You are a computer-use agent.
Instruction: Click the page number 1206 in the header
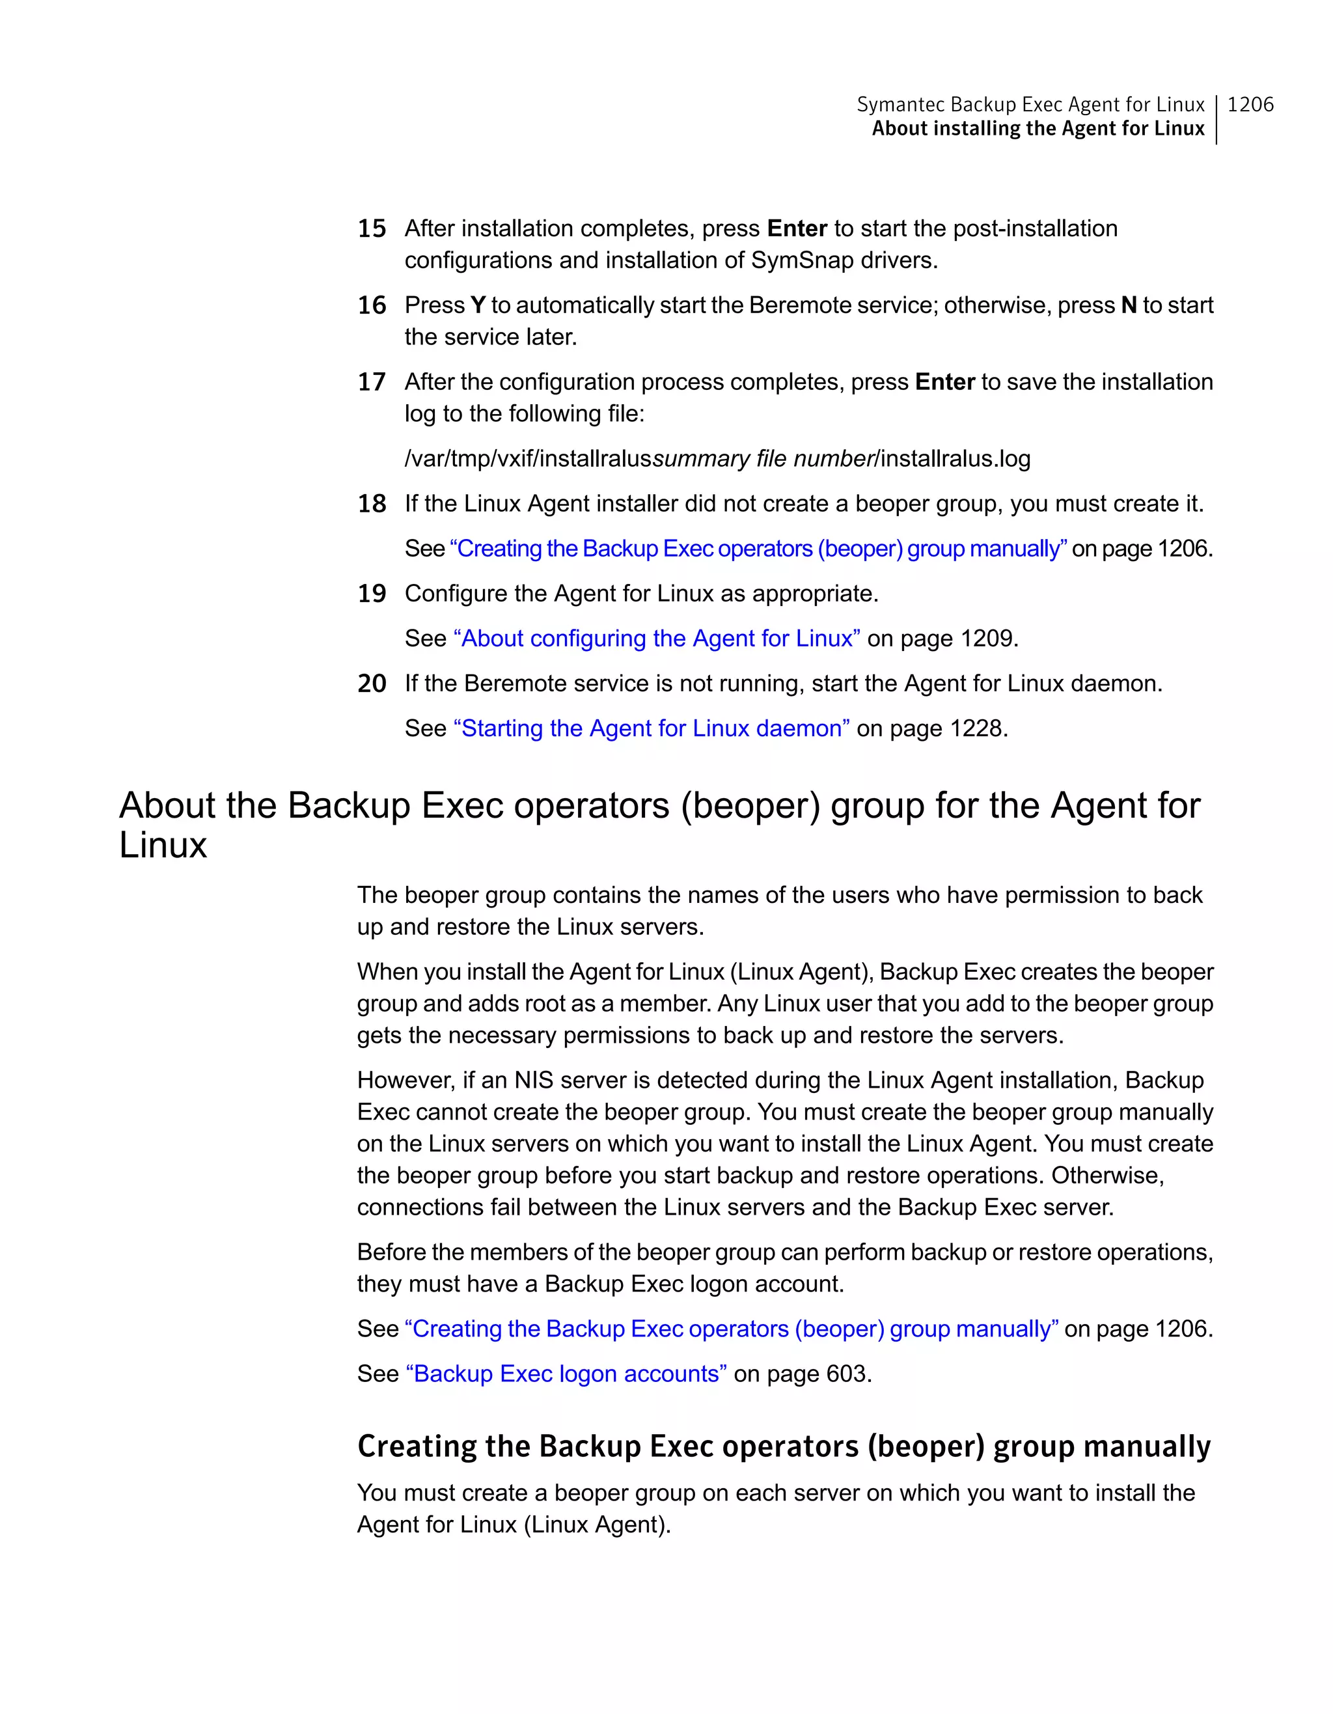[x=1250, y=104]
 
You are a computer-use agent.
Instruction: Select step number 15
[x=372, y=229]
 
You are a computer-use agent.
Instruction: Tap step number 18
[x=372, y=504]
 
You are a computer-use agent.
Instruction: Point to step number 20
[x=372, y=684]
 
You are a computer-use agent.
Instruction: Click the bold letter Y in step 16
[x=477, y=305]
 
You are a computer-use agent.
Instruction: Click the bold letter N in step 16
[x=1128, y=305]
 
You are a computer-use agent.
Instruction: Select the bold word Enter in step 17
[x=944, y=382]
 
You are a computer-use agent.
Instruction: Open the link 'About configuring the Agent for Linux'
[x=657, y=639]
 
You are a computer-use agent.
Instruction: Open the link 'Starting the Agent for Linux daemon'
[x=651, y=729]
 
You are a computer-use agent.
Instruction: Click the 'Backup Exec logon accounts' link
[x=566, y=1374]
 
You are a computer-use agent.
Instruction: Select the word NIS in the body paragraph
[x=534, y=1081]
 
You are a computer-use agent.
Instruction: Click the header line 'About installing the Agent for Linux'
[x=1038, y=129]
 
